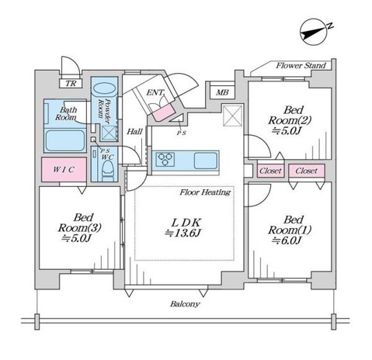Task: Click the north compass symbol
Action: (315, 33)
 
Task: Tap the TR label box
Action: (71, 83)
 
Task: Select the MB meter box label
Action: (222, 92)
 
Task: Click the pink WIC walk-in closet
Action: (64, 169)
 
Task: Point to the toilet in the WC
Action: (108, 170)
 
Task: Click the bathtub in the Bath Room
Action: (65, 140)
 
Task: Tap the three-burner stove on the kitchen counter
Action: (165, 159)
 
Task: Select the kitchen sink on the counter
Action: (206, 161)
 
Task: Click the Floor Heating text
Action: (205, 192)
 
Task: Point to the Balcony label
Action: (185, 304)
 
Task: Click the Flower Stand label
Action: (301, 66)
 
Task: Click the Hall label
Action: (134, 132)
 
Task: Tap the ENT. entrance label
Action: (155, 92)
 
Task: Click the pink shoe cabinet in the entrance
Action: (163, 112)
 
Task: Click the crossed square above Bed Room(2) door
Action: (233, 116)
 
